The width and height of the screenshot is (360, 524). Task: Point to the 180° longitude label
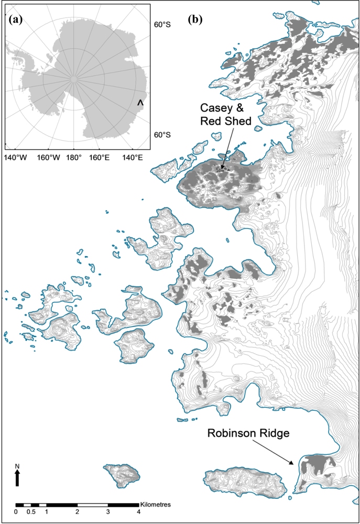(73, 158)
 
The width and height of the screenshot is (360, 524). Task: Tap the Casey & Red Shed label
(226, 115)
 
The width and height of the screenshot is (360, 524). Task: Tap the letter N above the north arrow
(17, 466)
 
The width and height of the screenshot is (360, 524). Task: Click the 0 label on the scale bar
(16, 512)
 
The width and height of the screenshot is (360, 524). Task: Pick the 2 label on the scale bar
(77, 512)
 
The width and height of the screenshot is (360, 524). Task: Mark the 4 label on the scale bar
(138, 512)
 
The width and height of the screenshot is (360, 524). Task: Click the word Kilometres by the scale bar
(156, 505)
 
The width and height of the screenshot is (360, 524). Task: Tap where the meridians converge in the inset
(74, 79)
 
